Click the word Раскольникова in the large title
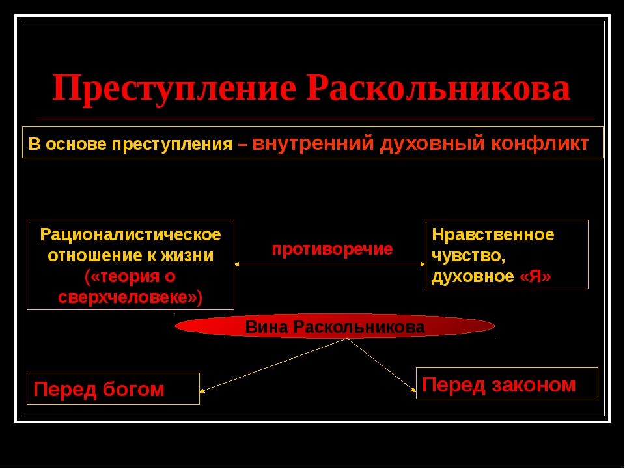[x=438, y=88]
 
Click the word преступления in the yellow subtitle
[x=172, y=145]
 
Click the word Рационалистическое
[x=130, y=234]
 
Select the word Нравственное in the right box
[x=493, y=234]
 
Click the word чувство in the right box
[x=466, y=255]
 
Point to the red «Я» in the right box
[x=535, y=276]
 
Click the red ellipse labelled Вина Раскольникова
[x=335, y=326]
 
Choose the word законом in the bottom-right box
[x=534, y=385]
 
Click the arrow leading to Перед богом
[x=273, y=365]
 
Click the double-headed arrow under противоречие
[x=330, y=264]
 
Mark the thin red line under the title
[x=315, y=119]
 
